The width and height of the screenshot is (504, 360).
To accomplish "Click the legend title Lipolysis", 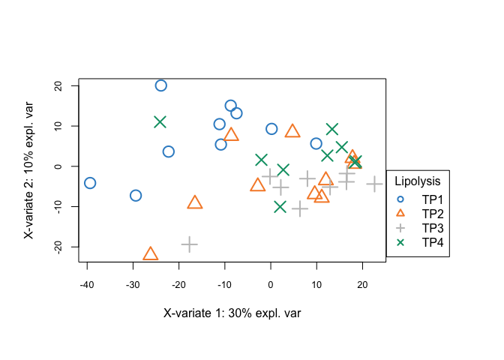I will click(418, 181).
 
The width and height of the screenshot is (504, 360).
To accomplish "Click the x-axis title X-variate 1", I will click(232, 313).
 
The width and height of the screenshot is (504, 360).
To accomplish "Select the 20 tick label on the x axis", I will click(362, 284).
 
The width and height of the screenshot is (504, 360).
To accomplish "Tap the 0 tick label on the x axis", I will click(270, 284).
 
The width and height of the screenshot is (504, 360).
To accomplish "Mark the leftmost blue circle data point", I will click(90, 183).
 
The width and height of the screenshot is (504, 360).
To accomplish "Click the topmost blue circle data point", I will click(160, 85).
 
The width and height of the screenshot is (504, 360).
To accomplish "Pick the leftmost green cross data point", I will click(160, 121).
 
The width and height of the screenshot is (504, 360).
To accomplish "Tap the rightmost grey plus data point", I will click(374, 184).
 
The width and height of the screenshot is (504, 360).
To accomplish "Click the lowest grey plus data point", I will click(189, 244).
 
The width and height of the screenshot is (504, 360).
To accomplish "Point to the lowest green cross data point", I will click(280, 206).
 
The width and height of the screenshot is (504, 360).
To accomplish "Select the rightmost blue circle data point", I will click(316, 143).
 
